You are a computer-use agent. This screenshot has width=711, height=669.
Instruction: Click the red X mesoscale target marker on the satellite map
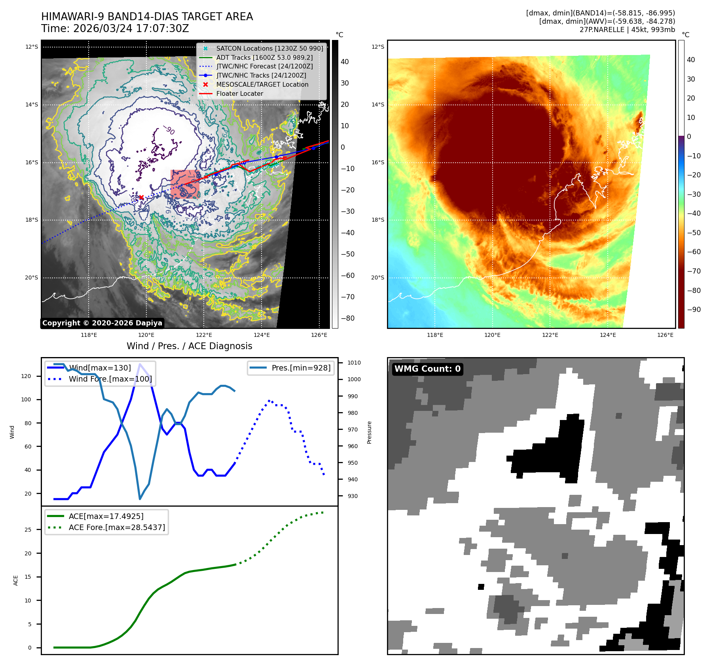[x=141, y=197]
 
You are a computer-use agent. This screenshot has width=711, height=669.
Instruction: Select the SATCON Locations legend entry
[x=269, y=48]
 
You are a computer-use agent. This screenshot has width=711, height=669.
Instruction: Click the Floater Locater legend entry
[x=239, y=93]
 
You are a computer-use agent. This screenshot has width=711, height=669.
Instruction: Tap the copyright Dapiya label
[x=102, y=323]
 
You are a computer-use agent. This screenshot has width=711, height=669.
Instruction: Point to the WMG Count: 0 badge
[x=427, y=369]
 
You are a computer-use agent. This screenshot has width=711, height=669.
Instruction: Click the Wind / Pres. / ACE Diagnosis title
[x=189, y=346]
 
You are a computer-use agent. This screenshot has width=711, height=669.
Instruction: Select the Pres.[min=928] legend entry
[x=301, y=368]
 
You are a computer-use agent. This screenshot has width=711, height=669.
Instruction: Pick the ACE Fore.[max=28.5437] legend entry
[x=117, y=527]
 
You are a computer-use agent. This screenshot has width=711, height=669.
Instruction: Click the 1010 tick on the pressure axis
[x=354, y=363]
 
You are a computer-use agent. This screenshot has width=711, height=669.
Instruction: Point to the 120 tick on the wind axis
[x=26, y=376]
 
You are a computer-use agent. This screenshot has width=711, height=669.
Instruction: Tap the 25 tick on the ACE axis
[x=28, y=530]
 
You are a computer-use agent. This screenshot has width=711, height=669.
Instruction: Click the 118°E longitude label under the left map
[x=89, y=335]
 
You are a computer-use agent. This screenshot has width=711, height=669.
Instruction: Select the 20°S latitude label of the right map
[x=377, y=277]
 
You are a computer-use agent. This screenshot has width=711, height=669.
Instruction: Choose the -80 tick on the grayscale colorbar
[x=347, y=318]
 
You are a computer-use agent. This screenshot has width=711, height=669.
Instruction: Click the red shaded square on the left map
[x=185, y=184]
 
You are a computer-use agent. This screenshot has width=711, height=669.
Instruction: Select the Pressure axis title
[x=369, y=432]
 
